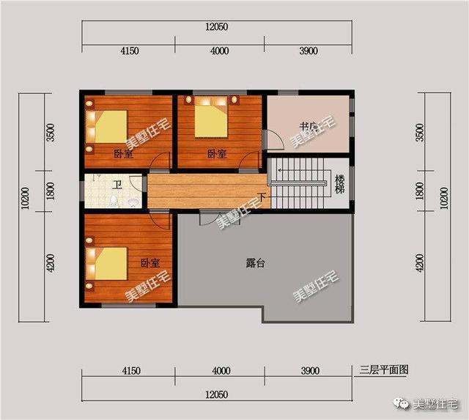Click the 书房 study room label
click(308, 126)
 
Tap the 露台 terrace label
click(256, 263)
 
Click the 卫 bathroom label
click(117, 184)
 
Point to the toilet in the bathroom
click(133, 200)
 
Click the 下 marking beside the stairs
click(262, 196)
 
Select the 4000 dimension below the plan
click(220, 372)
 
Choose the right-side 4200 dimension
click(419, 262)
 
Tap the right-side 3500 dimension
click(419, 133)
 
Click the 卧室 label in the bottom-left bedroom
click(150, 262)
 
